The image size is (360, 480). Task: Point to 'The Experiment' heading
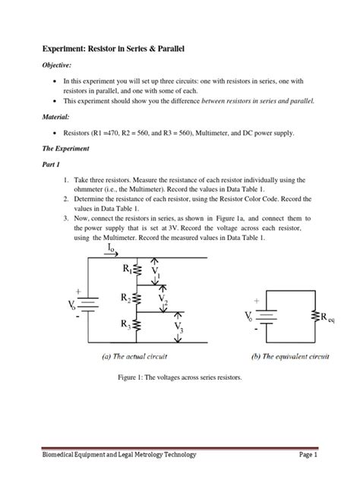(x=68, y=150)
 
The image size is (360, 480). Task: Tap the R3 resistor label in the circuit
(x=126, y=324)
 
